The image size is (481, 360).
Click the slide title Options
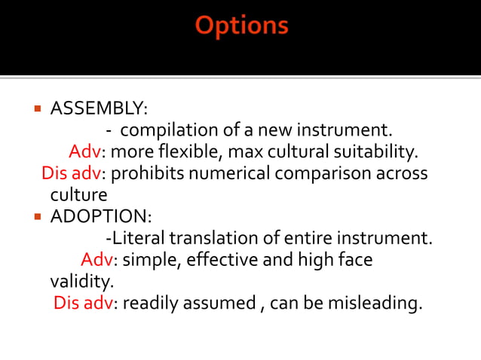pos(241,26)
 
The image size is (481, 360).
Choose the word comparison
pos(318,174)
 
